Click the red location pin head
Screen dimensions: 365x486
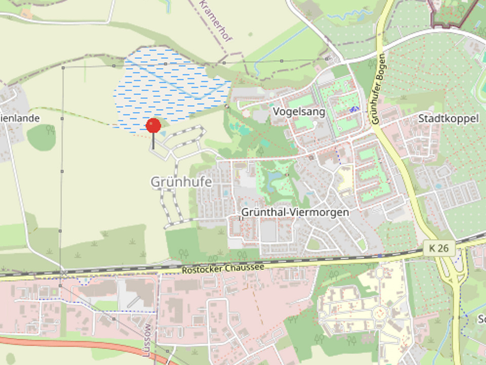click(x=153, y=125)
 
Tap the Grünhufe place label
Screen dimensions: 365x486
click(x=181, y=181)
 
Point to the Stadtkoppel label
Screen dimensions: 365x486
click(x=448, y=119)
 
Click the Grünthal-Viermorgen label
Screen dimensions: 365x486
click(x=295, y=212)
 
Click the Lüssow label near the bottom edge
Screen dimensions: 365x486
click(x=147, y=341)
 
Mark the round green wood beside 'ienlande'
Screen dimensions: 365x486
click(x=42, y=137)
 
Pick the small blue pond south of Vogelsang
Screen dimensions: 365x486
click(x=276, y=176)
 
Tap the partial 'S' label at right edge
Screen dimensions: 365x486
click(x=481, y=320)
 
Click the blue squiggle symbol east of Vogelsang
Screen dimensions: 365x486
click(x=354, y=109)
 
